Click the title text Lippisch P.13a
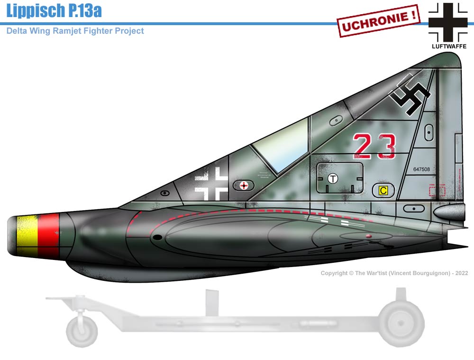[54, 10]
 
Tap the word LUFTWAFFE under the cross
[448, 46]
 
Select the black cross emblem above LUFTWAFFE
[448, 22]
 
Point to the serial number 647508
[421, 169]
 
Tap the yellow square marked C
[383, 191]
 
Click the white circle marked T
[333, 179]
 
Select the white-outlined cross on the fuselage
[212, 183]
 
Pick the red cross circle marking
[244, 185]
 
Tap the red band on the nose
[48, 236]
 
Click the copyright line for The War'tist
[394, 273]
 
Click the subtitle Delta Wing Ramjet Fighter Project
[75, 31]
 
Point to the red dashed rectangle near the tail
[437, 190]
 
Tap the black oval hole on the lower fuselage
[158, 237]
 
